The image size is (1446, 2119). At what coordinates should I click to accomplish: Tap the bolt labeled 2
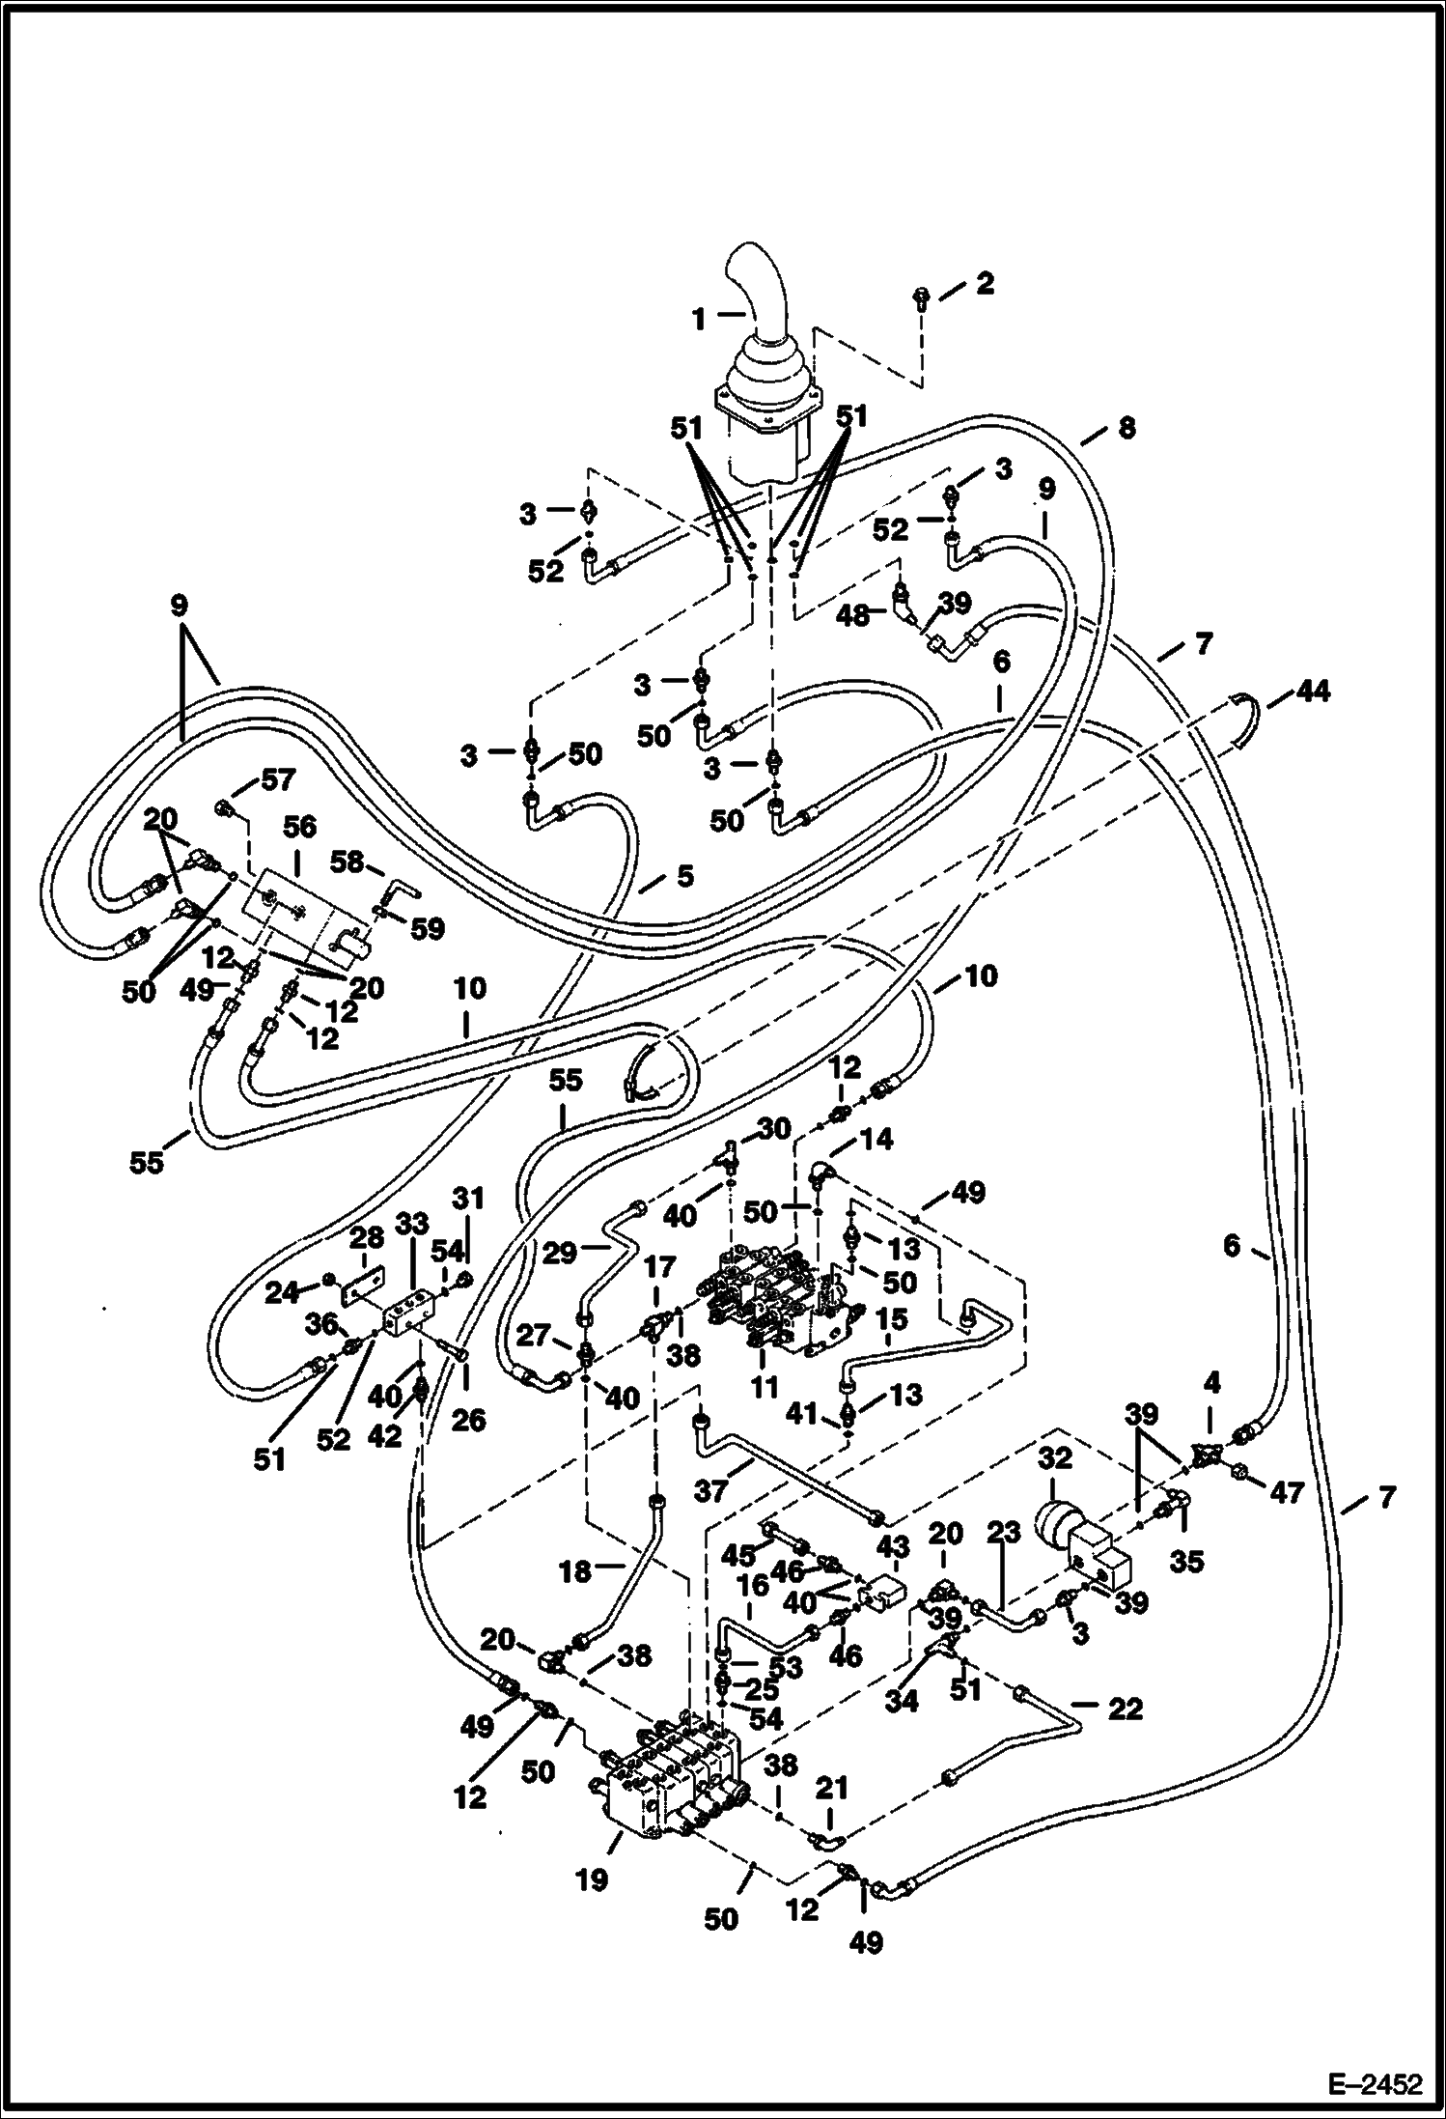pyautogui.click(x=922, y=297)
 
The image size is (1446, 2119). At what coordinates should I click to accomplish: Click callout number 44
pyautogui.click(x=1313, y=692)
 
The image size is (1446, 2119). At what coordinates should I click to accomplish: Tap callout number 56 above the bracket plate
pyautogui.click(x=299, y=828)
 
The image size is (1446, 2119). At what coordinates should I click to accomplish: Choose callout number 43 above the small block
pyautogui.click(x=893, y=1545)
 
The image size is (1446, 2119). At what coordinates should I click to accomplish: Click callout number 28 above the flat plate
pyautogui.click(x=367, y=1237)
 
